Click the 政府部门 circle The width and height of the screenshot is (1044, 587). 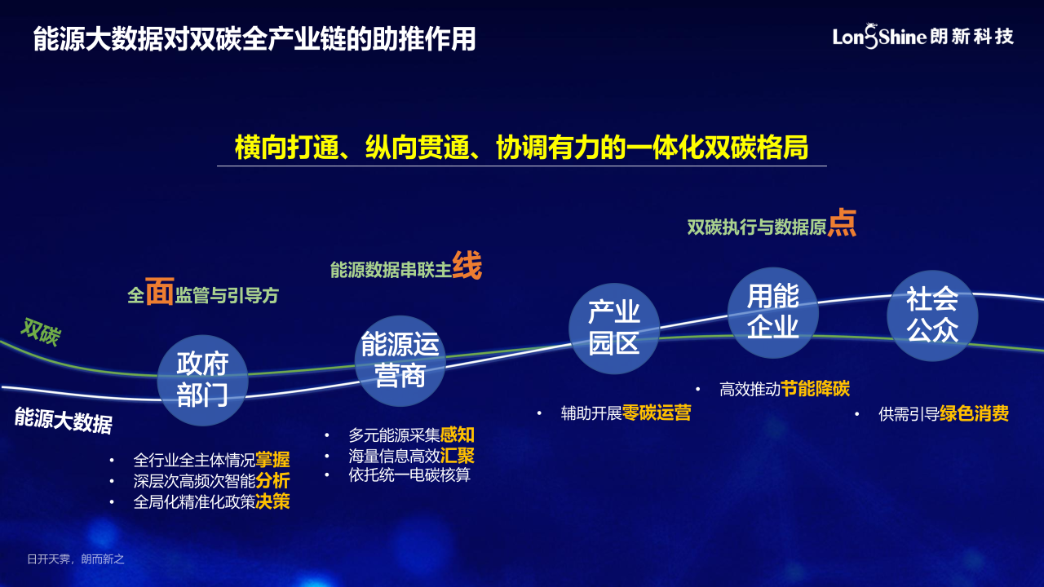pos(203,380)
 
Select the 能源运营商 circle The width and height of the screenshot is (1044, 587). pos(400,360)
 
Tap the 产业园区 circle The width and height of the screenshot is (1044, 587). pos(614,329)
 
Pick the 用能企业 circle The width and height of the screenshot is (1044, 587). pos(772,312)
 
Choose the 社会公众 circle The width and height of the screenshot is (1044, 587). pos(932,316)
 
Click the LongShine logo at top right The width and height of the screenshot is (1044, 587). pos(922,37)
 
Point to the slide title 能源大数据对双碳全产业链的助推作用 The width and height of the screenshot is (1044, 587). pos(254,38)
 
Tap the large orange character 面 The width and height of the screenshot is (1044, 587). pos(159,291)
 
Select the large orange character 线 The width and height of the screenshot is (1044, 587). pos(467,265)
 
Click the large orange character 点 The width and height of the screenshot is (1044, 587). pos(842,223)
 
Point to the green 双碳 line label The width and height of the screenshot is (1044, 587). pos(41,332)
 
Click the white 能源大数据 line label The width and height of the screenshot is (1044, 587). pos(64,420)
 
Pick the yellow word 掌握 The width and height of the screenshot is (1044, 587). pos(272,460)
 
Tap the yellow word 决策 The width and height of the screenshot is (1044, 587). pos(272,501)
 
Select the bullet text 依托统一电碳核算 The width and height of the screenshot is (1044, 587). pos(409,475)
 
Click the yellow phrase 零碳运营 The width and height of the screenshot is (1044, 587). pos(657,413)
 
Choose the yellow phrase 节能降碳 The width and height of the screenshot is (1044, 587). pos(815,389)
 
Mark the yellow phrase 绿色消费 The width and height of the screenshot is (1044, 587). pos(975,413)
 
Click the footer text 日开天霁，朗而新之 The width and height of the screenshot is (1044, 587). pos(76,559)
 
